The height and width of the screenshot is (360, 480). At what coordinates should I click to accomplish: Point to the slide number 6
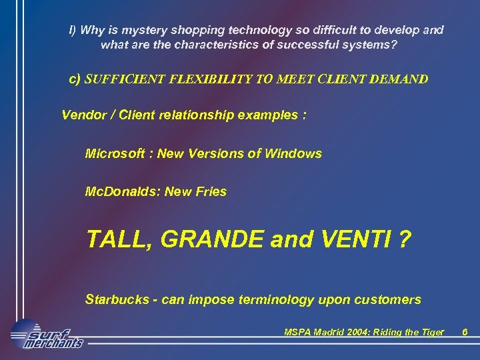point(465,332)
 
